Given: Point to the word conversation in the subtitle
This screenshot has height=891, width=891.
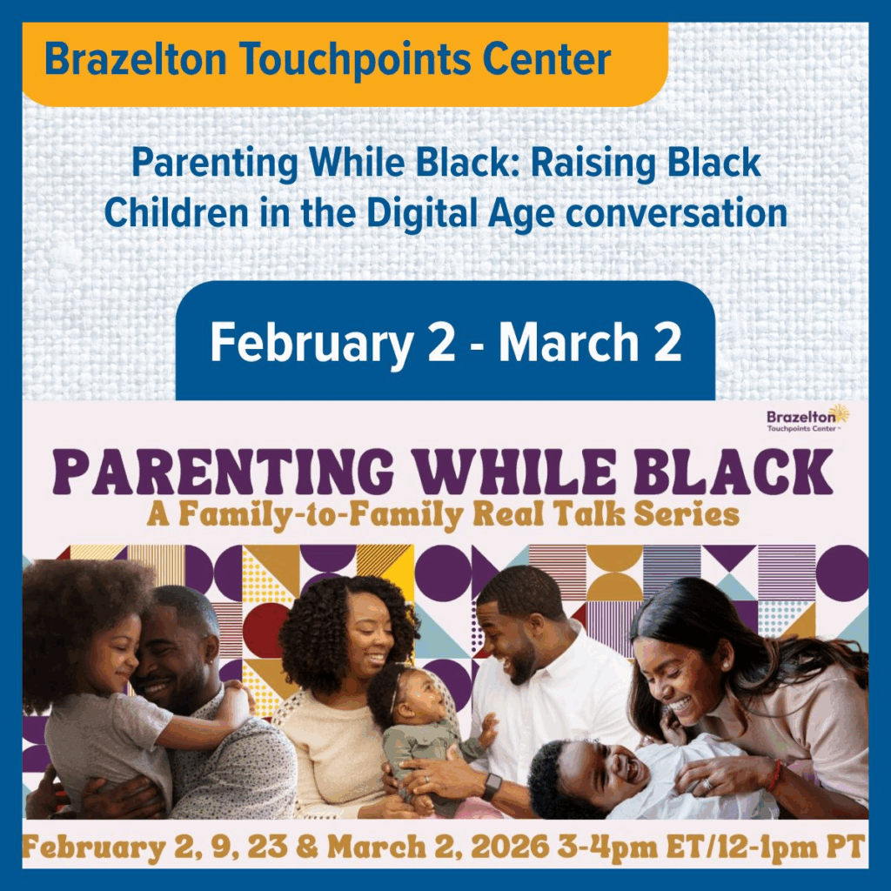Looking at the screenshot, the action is click(677, 213).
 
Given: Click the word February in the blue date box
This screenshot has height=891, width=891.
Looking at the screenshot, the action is click(312, 342).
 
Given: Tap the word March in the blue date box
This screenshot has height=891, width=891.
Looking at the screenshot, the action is click(569, 341).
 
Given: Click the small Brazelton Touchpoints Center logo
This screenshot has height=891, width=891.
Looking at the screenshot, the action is click(807, 419).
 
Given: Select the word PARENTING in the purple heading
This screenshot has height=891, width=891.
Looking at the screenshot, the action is click(223, 472).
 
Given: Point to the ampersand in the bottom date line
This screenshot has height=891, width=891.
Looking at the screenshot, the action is click(307, 847).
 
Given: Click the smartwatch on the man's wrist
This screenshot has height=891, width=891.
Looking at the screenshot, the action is click(492, 787).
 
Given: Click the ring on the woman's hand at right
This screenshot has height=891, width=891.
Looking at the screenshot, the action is click(708, 784).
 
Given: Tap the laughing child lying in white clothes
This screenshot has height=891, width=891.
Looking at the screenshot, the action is click(642, 775).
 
